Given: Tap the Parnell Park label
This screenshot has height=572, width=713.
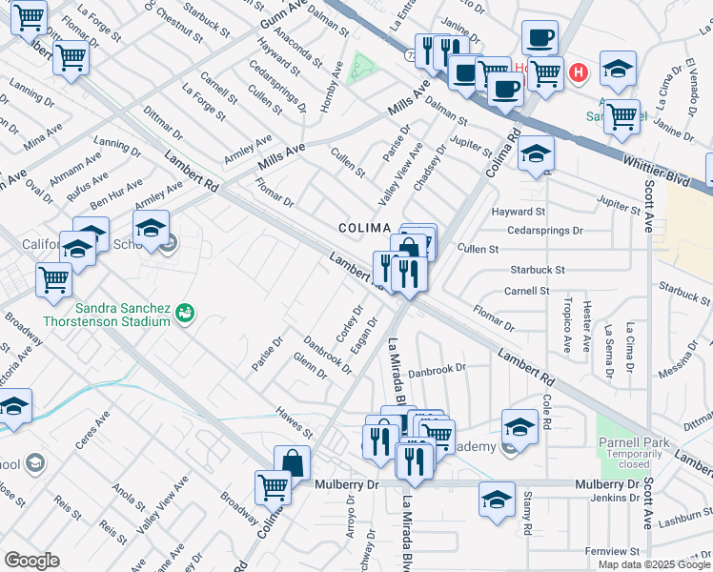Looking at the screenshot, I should click(x=633, y=441).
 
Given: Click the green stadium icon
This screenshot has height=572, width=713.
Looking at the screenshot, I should click(x=186, y=311).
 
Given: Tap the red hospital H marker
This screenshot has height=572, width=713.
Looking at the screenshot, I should click(x=578, y=71).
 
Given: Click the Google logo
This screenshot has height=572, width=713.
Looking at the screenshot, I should click(x=31, y=561).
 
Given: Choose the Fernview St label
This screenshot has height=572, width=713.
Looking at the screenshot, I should click(x=612, y=551).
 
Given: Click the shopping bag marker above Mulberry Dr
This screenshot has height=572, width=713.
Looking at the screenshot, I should click(x=293, y=464).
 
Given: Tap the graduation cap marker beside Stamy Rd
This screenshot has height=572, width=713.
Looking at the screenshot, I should click(x=497, y=501).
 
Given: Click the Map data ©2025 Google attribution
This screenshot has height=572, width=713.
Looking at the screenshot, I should click(x=653, y=563).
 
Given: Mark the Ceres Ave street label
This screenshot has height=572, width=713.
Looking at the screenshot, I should click(x=94, y=428).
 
